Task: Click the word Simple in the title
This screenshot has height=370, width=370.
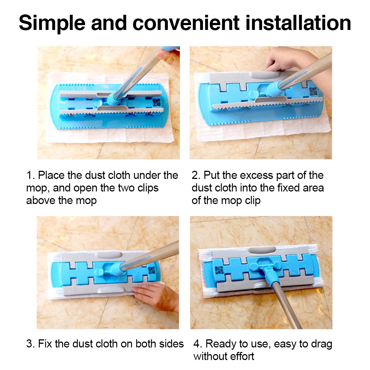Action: (52, 23)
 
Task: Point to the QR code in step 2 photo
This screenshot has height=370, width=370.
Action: (313, 91)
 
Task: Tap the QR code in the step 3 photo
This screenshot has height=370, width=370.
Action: (152, 271)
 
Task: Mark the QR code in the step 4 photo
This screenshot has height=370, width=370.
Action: (219, 270)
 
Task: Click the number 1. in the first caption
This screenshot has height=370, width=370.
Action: (31, 175)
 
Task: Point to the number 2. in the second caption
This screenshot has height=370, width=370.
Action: (196, 175)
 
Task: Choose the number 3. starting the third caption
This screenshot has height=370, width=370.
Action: (31, 344)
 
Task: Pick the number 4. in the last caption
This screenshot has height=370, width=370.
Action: (198, 344)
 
